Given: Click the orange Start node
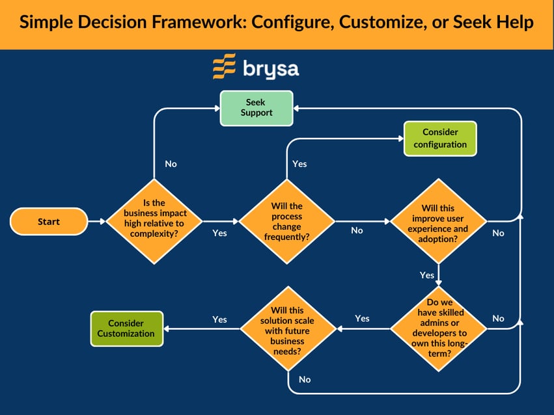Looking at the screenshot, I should (48, 222).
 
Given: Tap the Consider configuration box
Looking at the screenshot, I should (440, 139).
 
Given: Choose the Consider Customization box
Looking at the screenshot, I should (126, 328).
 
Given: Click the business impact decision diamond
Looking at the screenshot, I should (154, 222).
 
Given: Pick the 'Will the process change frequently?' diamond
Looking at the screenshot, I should (286, 222).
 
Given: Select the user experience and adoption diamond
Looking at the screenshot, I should (439, 222).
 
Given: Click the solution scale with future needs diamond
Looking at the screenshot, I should (286, 328).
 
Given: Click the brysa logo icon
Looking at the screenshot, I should (225, 67).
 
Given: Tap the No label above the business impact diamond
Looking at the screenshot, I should (171, 164).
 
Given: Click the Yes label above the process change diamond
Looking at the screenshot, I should (299, 164).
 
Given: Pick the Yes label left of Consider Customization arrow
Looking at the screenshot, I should (219, 319).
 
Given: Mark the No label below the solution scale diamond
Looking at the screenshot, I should (305, 379).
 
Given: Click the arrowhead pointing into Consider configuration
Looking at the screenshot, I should (399, 139).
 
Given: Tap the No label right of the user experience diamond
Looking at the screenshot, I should (498, 233).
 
